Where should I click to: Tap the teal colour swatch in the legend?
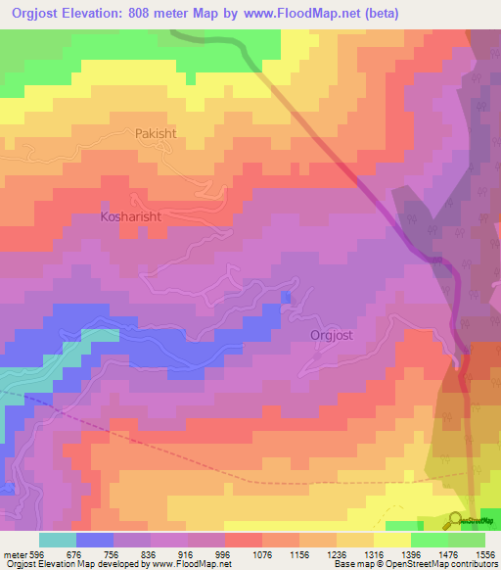(x=58, y=540)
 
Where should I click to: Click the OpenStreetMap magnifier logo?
(x=456, y=520)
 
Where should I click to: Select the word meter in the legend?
(x=15, y=552)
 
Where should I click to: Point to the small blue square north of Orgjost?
(x=286, y=297)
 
